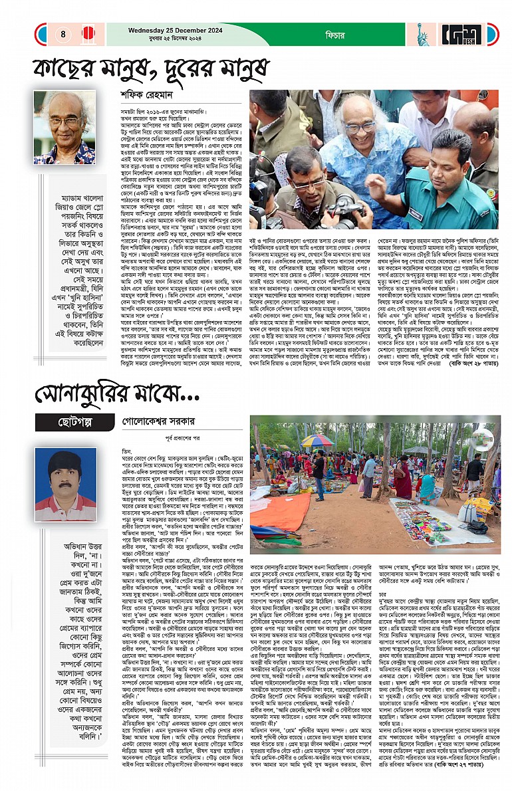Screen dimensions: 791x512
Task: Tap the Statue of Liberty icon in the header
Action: pyautogui.click(x=421, y=34)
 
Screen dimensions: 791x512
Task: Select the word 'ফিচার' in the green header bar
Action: pyautogui.click(x=316, y=33)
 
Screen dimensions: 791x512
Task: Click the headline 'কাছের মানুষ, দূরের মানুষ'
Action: pyautogui.click(x=152, y=68)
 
